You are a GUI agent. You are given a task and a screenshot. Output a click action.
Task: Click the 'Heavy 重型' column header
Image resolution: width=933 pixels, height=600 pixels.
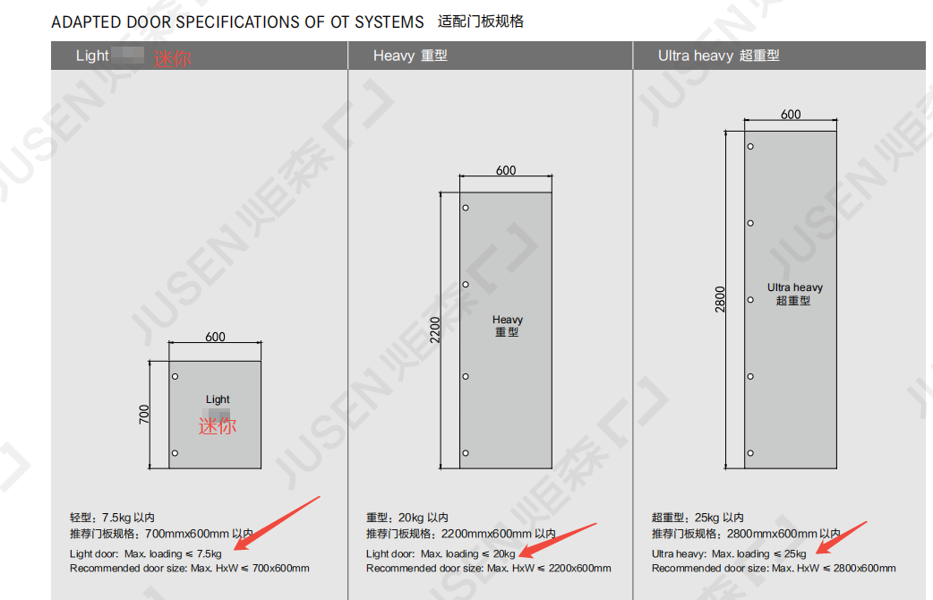410,56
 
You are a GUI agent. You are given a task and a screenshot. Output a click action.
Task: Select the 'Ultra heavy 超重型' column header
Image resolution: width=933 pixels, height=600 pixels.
718,56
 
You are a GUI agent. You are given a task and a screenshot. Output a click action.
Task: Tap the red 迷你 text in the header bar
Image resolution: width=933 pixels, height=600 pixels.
173,58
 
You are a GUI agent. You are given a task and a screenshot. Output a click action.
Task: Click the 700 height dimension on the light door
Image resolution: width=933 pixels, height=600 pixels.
144,415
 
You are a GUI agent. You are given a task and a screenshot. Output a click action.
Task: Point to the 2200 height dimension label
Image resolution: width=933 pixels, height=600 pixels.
435,330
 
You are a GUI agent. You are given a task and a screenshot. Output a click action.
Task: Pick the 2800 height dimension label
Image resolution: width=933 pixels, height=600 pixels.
720,299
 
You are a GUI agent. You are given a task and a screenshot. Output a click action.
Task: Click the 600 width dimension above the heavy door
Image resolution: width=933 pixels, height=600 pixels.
506,170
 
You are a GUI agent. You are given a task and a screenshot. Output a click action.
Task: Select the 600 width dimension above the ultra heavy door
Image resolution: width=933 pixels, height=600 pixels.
791,115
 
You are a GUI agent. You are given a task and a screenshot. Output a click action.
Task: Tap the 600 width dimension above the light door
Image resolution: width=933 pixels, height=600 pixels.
215,337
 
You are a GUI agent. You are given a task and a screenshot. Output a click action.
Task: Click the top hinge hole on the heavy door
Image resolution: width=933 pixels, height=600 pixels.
466,208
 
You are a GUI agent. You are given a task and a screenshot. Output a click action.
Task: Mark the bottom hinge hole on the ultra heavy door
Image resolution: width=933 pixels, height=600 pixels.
750,453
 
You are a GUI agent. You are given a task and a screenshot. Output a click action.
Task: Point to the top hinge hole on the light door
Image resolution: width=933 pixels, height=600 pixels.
175,376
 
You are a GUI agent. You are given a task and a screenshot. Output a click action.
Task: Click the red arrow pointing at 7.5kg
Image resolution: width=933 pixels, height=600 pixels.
277,523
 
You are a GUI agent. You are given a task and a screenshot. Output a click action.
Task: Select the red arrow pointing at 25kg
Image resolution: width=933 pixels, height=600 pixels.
841,537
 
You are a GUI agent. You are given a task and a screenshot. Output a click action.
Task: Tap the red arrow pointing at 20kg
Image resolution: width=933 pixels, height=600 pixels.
557,541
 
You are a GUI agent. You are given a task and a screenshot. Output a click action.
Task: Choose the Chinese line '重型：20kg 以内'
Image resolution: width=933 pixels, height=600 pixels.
407,518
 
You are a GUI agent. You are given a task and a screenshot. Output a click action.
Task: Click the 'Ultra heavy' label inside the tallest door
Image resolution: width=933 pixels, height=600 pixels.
795,287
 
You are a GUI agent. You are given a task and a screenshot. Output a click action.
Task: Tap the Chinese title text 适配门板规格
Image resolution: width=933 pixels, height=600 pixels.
481,21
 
